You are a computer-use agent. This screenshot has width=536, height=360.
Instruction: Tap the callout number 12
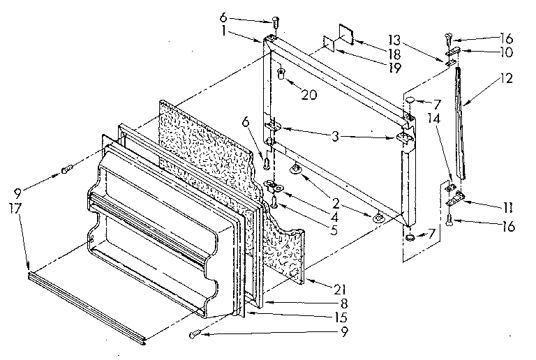(x=506, y=78)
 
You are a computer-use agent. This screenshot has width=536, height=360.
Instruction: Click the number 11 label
(x=505, y=52)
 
